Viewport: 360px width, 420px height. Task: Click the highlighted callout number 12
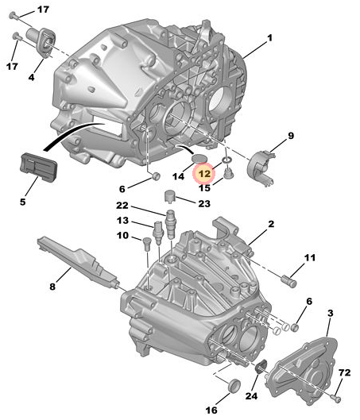pos(205,174)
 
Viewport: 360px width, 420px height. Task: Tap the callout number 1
pos(269,38)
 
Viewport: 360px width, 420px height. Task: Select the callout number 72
pos(344,372)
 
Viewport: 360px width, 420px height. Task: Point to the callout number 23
pos(204,203)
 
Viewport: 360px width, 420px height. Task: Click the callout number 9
pos(291,136)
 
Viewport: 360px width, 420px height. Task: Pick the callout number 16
pos(211,410)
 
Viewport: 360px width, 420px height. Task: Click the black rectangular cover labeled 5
pos(38,167)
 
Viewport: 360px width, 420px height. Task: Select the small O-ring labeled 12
pos(226,160)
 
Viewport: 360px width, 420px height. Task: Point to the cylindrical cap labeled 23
pos(169,196)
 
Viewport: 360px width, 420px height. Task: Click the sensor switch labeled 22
pos(171,225)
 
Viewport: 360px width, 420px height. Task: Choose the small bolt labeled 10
pos(147,244)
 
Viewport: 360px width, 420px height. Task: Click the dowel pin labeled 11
pos(289,282)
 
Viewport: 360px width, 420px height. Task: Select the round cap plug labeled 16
pos(234,385)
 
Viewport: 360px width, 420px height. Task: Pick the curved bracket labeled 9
pos(261,167)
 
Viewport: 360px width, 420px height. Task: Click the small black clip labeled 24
pos(261,367)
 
